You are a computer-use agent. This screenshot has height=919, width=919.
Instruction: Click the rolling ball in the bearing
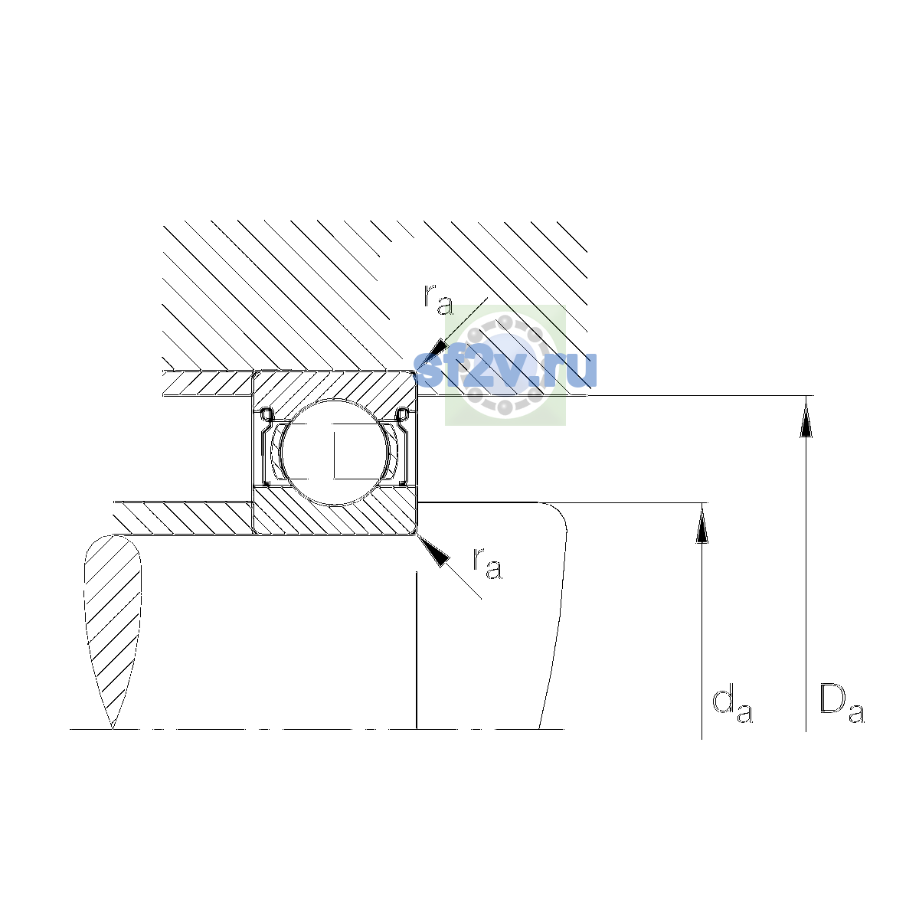tap(335, 452)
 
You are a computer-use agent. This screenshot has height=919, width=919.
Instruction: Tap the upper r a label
tap(438, 299)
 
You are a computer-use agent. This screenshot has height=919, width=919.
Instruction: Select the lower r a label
tap(487, 563)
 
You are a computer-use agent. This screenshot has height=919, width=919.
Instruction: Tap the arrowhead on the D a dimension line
tap(806, 418)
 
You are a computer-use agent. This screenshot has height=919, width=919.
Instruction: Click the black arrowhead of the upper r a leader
tap(434, 353)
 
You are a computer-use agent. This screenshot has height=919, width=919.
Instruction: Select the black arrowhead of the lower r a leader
tap(434, 551)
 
